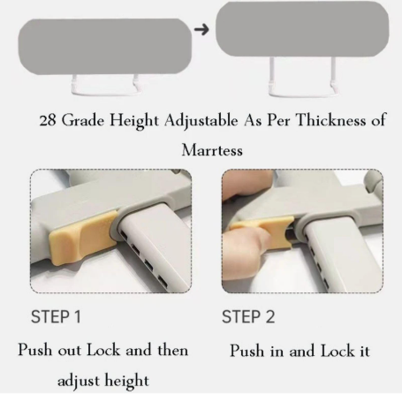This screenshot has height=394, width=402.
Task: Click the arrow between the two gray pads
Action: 201,29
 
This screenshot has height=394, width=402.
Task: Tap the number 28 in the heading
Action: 48,121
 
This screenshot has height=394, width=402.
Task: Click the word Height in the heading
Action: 134,121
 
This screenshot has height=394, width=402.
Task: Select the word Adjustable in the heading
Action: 201,121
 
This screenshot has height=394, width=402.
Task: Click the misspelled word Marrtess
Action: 212,150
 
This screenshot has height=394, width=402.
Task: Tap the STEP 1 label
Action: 56,317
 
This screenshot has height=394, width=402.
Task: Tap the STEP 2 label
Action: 248,317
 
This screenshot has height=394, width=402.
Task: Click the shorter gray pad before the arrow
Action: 105,47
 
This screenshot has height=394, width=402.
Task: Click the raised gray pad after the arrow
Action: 302,28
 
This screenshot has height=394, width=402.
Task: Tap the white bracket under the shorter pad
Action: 105,93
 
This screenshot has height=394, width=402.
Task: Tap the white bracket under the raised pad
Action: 302,95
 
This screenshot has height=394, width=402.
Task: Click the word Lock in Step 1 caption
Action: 103,350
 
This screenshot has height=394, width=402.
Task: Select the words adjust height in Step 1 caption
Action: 103,381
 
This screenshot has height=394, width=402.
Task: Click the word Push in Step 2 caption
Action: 247,351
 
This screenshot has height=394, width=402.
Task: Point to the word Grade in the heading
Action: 83,120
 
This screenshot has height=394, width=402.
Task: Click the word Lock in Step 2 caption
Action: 338,351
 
